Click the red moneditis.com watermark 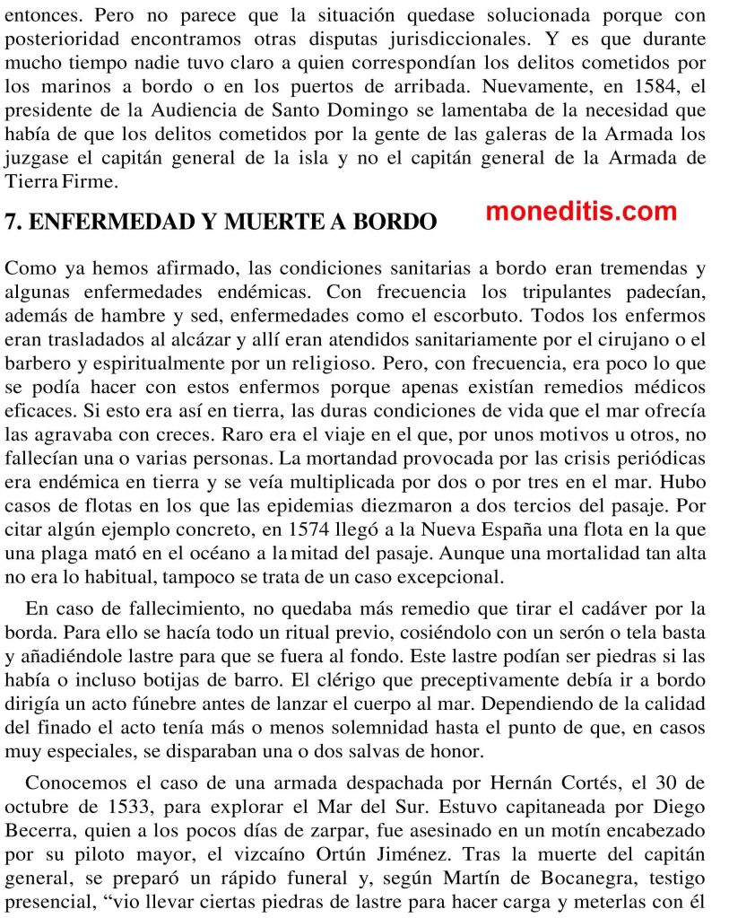[581, 213]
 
